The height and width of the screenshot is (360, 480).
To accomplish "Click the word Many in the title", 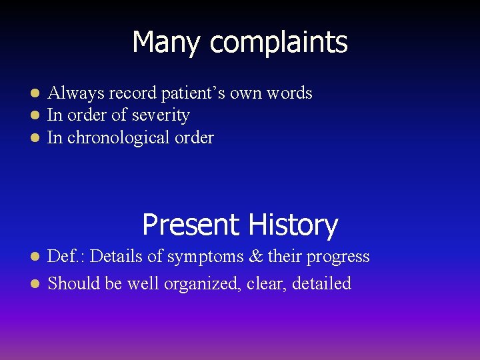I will tap(167, 43).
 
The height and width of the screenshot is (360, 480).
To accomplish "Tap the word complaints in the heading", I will tap(279, 43).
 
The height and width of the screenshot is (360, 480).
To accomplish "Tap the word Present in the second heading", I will tap(191, 225).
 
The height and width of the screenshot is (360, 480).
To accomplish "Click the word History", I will tap(291, 225).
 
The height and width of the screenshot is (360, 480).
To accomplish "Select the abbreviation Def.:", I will tap(66, 257).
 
